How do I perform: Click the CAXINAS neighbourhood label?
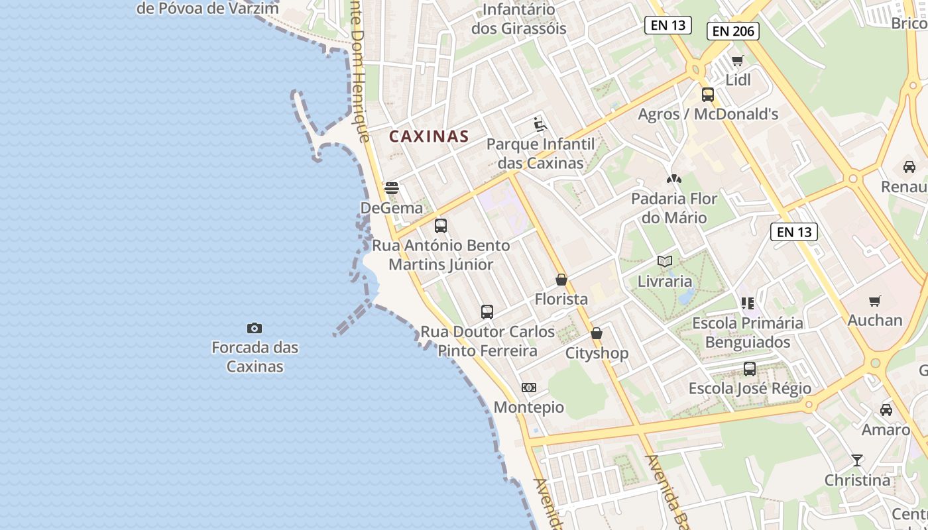429,136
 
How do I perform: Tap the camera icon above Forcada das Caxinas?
254,328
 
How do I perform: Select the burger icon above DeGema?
391,188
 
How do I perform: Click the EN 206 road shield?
732,30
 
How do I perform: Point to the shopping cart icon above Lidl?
737,61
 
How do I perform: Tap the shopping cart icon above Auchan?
874,301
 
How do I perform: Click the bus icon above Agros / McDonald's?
707,94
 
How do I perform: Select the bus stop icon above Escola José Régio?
749,369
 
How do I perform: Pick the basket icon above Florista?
561,280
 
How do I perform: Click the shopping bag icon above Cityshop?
596,333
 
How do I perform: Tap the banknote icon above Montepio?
528,388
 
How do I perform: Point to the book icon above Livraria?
664,261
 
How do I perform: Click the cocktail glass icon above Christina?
856,460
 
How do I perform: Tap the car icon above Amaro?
886,410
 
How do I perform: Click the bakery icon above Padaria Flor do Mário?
673,179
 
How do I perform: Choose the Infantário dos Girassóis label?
519,19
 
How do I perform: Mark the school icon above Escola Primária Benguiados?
748,303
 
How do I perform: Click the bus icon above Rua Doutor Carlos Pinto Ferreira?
487,311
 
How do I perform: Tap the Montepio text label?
528,407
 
